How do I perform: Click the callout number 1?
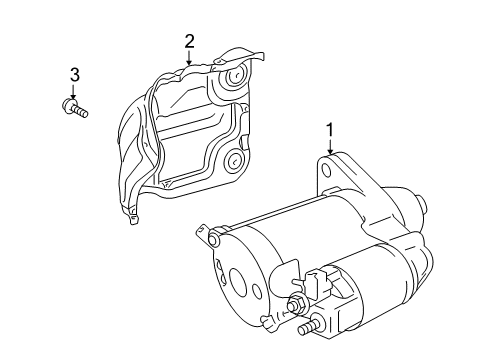coord(330,130)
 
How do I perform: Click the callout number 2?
coord(189,42)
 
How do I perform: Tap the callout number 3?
coord(75,75)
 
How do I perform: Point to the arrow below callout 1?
coord(330,146)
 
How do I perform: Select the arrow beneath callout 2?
coord(189,57)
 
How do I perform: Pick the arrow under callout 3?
coord(73,91)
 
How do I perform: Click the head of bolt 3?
coord(69,104)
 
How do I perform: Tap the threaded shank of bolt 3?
coord(81,111)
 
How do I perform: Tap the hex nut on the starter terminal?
coord(296,304)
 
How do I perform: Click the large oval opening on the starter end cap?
coord(238,281)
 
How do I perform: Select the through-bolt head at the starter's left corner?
coord(214,238)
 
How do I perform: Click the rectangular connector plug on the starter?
coord(315,284)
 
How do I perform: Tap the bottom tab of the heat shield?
coord(133,219)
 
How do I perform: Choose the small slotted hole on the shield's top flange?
coord(219,61)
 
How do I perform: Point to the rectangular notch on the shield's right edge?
coord(244,142)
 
